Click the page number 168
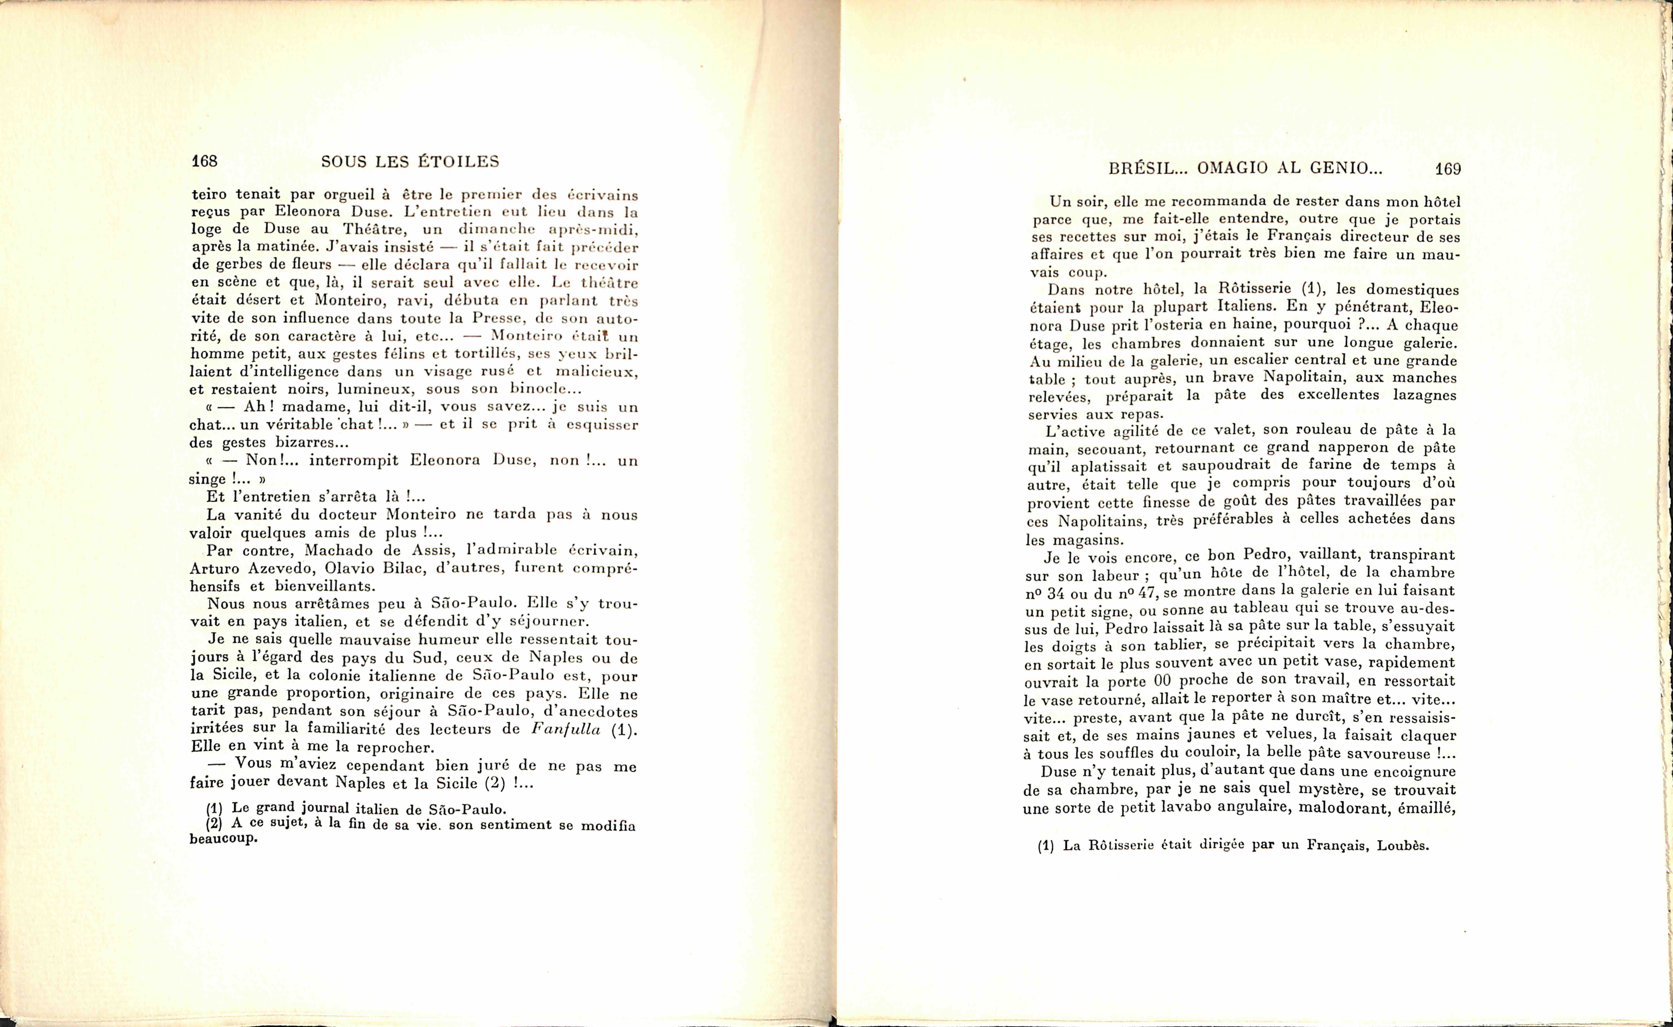[x=204, y=161]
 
